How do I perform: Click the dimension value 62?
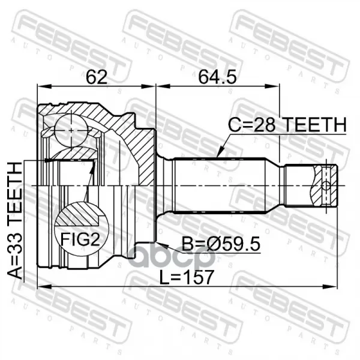click(x=97, y=77)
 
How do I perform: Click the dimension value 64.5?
click(x=217, y=77)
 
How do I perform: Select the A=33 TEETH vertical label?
click(x=16, y=220)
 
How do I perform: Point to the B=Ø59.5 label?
click(x=221, y=244)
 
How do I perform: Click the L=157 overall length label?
click(x=187, y=277)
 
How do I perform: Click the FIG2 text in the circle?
click(x=80, y=239)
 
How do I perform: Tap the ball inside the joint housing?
click(x=71, y=130)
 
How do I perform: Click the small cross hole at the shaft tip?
click(x=326, y=185)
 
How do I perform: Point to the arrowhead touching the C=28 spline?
click(x=220, y=153)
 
